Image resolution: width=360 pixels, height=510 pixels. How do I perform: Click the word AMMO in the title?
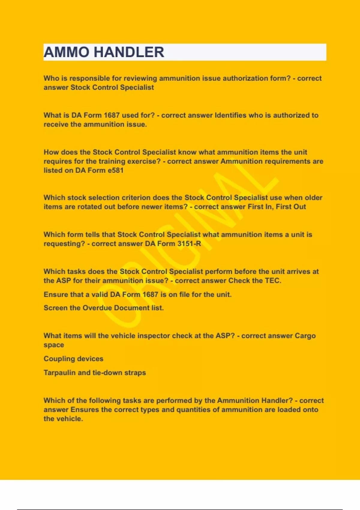tap(66, 52)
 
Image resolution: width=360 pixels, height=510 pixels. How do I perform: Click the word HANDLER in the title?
tap(129, 52)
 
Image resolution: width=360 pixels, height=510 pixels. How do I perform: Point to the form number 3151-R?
tap(189, 244)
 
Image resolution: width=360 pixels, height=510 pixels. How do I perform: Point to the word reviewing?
tap(140, 78)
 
